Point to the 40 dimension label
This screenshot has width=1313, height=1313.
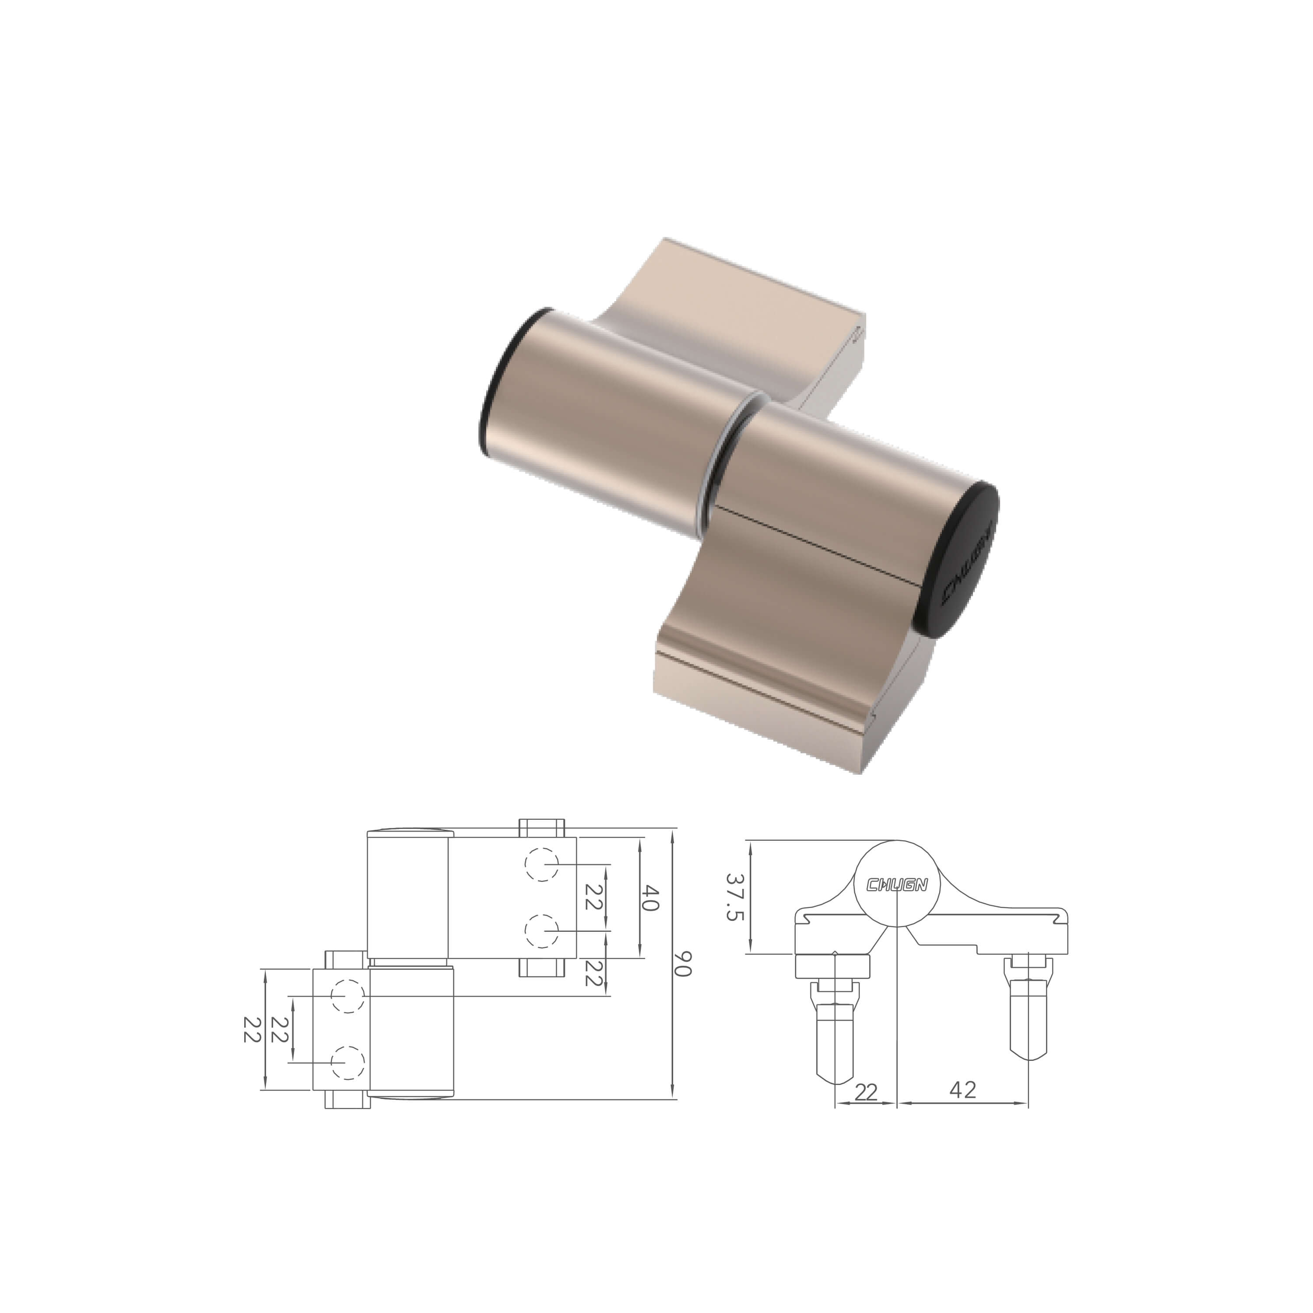point(650,898)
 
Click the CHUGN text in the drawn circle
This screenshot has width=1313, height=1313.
point(897,884)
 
